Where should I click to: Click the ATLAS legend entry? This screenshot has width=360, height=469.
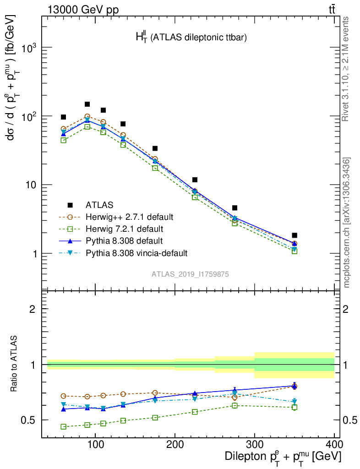(100, 205)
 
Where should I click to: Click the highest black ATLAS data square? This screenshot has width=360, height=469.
(87, 104)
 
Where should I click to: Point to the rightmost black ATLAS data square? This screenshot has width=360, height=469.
(295, 235)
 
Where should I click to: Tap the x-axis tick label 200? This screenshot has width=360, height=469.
(175, 444)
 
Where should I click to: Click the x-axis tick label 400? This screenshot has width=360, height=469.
(334, 444)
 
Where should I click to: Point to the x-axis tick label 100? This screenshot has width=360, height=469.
(95, 444)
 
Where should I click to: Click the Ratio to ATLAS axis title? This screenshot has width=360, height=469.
(14, 364)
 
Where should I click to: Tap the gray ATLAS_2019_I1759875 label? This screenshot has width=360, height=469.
(190, 274)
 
